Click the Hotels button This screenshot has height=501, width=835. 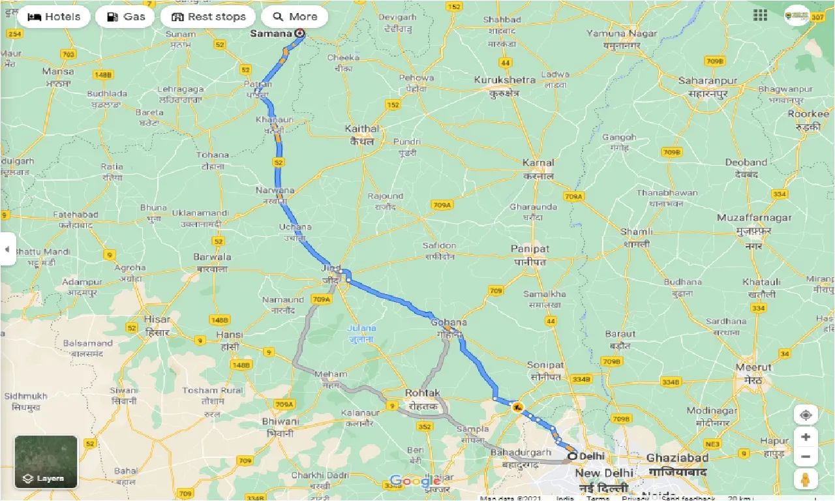[x=53, y=17]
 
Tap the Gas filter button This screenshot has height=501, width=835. [x=125, y=17]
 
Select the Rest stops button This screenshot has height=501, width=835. [x=208, y=17]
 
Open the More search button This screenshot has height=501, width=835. [x=294, y=17]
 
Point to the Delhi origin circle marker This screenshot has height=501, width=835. [x=572, y=456]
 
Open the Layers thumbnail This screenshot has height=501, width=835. [x=46, y=462]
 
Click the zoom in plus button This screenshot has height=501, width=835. [x=806, y=437]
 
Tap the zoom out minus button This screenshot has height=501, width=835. [x=806, y=457]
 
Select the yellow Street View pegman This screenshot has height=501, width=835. [x=806, y=479]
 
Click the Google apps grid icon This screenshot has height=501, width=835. [x=760, y=16]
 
